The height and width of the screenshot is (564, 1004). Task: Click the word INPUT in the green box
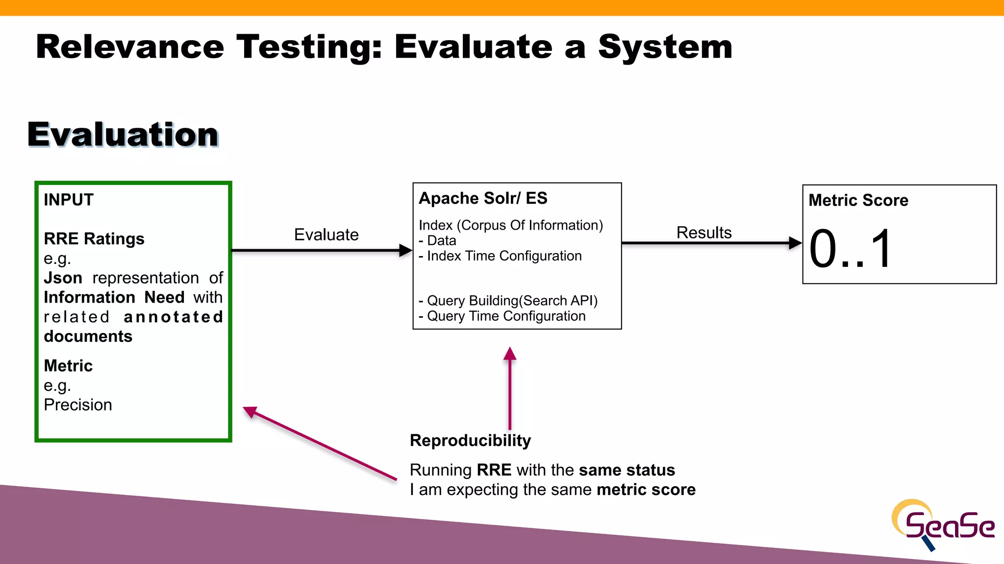(68, 200)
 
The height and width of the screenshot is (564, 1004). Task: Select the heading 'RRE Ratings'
(94, 239)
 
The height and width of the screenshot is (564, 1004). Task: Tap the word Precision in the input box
(77, 405)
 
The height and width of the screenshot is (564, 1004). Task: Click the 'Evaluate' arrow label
(326, 235)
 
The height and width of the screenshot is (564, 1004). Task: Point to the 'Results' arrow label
(703, 233)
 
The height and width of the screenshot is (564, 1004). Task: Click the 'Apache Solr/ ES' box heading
(482, 198)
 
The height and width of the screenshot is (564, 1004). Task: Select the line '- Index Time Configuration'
(500, 256)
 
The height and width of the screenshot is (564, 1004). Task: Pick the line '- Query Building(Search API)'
(508, 301)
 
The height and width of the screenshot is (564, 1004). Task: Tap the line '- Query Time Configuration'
(502, 316)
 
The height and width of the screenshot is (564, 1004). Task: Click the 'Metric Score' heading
(858, 200)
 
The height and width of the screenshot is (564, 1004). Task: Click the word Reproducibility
(470, 441)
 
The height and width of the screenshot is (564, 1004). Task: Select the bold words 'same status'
(627, 470)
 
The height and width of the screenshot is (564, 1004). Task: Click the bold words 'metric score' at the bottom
(646, 490)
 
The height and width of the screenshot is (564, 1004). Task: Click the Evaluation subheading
(123, 135)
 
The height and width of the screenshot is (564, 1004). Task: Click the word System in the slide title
(665, 47)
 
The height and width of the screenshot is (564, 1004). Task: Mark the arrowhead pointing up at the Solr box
(510, 353)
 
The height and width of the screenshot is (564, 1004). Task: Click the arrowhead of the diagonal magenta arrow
(250, 411)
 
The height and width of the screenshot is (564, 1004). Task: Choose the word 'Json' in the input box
(63, 278)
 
